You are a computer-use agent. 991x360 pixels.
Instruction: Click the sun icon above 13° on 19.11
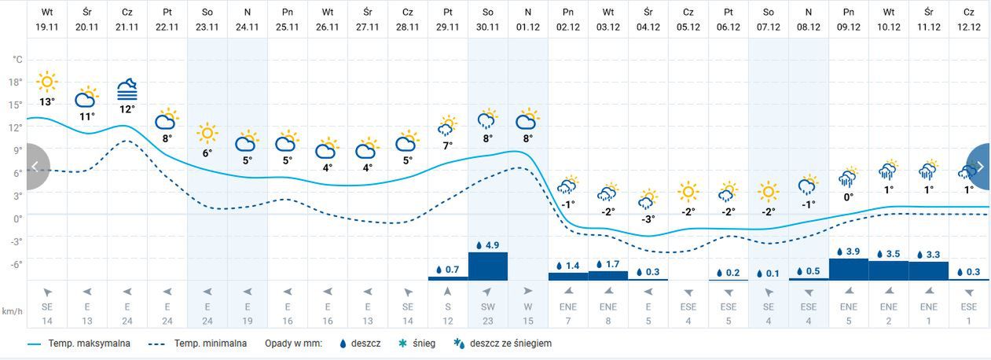tap(47, 82)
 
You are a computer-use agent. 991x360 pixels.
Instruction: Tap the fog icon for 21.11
tap(127, 89)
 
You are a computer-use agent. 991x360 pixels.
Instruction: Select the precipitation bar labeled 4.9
tap(488, 266)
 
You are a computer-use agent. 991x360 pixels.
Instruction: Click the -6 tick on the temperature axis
tap(17, 264)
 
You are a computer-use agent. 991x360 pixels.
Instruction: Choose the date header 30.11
tap(488, 26)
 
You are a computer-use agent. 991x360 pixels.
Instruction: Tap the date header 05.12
tap(688, 26)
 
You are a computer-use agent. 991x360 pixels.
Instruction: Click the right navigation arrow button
tap(979, 167)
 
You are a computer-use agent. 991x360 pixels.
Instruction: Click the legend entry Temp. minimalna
tap(210, 343)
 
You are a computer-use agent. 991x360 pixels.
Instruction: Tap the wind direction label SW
tap(488, 307)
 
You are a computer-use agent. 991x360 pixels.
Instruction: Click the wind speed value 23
tap(488, 320)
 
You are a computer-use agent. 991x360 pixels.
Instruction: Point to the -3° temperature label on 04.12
tap(648, 219)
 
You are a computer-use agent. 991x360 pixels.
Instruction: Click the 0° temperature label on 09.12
tap(849, 197)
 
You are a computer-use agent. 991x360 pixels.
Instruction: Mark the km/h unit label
tap(12, 312)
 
